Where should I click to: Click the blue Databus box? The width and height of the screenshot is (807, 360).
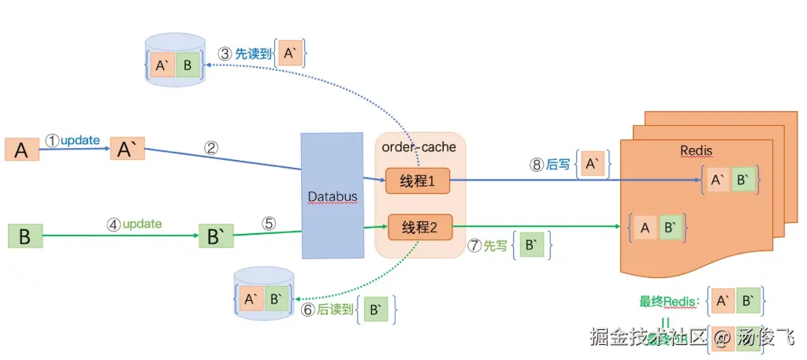tap(329, 195)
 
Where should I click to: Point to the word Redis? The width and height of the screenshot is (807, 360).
tap(696, 150)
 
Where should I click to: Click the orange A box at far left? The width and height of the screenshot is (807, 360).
tap(22, 149)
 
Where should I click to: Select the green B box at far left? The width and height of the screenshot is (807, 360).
tap(24, 236)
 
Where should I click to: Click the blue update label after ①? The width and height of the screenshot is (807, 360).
tap(80, 140)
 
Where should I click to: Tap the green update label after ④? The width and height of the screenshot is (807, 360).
tap(142, 224)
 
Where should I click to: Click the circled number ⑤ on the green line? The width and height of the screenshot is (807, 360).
tap(269, 223)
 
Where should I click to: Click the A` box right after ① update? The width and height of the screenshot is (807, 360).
tap(127, 148)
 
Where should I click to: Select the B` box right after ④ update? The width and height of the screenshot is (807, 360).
tap(216, 236)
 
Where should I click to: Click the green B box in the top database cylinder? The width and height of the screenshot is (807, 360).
tap(187, 65)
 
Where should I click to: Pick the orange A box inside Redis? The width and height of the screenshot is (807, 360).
tap(645, 228)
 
